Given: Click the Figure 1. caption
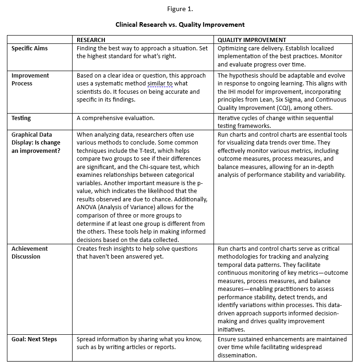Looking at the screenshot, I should coord(180,8).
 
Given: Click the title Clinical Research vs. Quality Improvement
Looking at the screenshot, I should coord(180,24).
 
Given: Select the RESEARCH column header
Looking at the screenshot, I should coord(91,40).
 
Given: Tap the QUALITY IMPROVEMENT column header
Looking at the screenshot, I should coord(252,40).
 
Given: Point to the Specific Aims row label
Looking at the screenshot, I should coord(30,48).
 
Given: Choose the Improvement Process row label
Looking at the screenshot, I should coord(30,79).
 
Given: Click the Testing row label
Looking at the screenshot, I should coord(21,118).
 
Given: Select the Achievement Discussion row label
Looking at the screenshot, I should coord(30,253).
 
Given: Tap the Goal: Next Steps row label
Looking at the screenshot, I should coord(34,339).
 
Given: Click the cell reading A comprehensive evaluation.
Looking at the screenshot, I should coord(116,118).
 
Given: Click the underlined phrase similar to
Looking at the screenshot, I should coord(160,84).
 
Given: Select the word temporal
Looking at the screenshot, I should coord(229,265).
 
